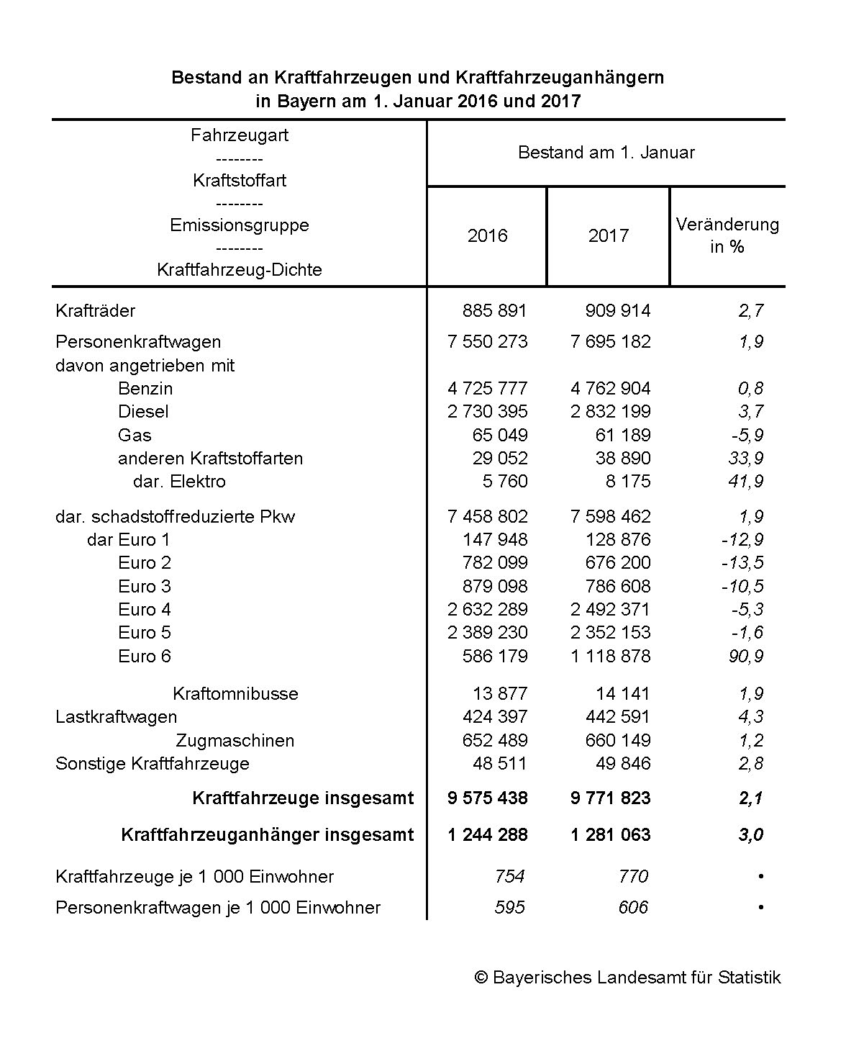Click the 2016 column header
(487, 235)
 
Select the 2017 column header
(608, 235)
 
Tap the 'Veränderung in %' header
(727, 235)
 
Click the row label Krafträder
(95, 311)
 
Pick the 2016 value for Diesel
(487, 412)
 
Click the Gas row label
(135, 436)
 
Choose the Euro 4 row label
(145, 610)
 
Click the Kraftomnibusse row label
(235, 694)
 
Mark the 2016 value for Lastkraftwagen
(487, 717)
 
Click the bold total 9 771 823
(610, 798)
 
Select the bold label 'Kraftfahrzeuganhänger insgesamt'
(268, 835)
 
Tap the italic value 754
(509, 877)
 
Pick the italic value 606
(633, 908)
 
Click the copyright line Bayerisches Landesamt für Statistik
(627, 978)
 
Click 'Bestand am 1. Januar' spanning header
(606, 153)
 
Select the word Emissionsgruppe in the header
(240, 225)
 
